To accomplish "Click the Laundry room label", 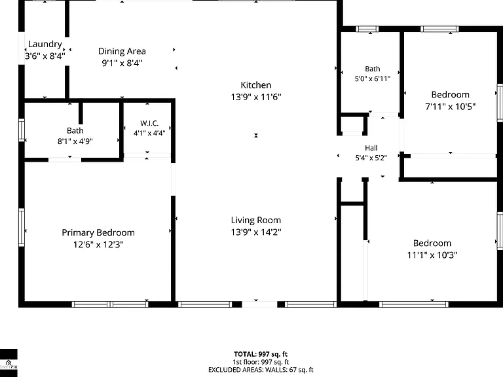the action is click(45, 45).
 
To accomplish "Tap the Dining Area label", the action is click(122, 51).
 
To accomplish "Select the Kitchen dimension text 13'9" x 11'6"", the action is click(256, 97).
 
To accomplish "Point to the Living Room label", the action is click(256, 220).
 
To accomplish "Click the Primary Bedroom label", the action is click(98, 233).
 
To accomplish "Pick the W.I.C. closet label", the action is click(149, 123).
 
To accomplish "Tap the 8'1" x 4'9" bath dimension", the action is click(75, 141).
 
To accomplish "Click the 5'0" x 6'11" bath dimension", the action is click(373, 79).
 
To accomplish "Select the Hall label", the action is click(371, 148).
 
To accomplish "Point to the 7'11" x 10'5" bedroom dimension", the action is click(451, 107).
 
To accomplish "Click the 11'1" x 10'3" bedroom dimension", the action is click(432, 255).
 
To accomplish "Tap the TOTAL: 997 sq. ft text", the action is click(261, 354).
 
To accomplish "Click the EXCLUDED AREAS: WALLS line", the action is click(261, 370).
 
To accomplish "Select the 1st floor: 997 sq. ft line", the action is click(261, 362).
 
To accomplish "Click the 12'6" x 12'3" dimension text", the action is click(98, 245).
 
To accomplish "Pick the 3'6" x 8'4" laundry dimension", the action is click(45, 56).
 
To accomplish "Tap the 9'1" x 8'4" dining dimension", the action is click(122, 63).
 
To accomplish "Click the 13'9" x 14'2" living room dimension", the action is click(256, 232).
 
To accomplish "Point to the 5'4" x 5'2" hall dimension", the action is click(371, 158).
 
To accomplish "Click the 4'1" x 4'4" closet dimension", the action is click(149, 133).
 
